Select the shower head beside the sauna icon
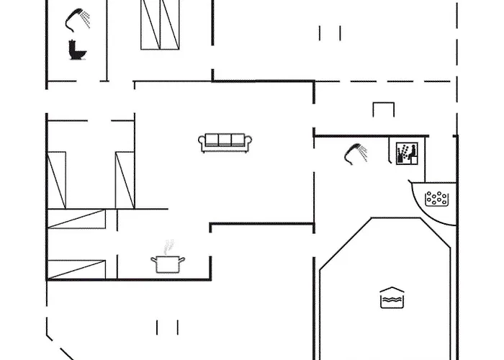[x=356, y=151]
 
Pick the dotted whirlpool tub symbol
[x=437, y=199]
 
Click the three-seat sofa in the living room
[x=225, y=142]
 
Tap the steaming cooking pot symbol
[x=168, y=263]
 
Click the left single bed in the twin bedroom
[x=57, y=179]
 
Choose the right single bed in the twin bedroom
[x=125, y=179]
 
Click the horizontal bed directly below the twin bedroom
[x=76, y=220]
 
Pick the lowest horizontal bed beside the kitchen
[x=76, y=269]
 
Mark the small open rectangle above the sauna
[x=384, y=109]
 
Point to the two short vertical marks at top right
[x=330, y=32]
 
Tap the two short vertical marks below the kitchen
[x=167, y=328]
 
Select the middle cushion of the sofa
[x=225, y=140]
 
